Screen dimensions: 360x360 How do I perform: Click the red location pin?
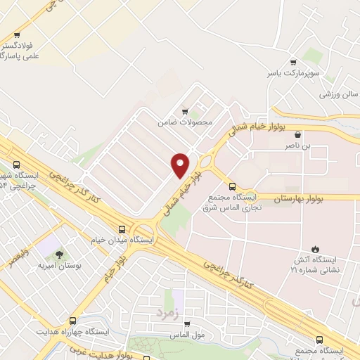point(180,165)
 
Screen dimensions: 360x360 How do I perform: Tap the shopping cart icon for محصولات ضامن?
point(185,110)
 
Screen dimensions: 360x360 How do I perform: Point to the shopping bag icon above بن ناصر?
point(299,134)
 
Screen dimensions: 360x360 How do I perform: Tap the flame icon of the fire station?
point(315,248)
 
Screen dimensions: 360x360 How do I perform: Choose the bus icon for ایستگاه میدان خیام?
point(123,229)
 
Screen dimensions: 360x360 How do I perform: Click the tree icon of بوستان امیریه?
point(58,255)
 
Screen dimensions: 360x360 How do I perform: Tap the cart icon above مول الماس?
point(186,325)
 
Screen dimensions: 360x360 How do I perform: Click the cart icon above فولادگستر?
point(18,34)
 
